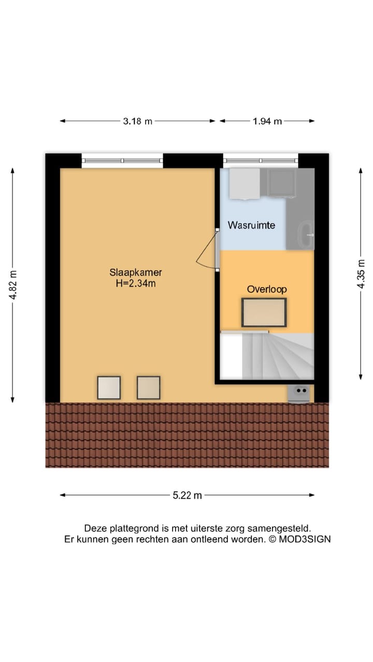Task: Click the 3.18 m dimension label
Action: [x=137, y=121]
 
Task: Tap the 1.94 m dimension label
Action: [x=267, y=121]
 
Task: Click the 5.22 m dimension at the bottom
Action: [x=187, y=495]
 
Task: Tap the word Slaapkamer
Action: [x=136, y=272]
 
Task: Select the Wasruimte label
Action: [x=251, y=225]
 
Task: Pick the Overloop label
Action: [x=267, y=289]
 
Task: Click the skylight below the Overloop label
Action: [x=264, y=312]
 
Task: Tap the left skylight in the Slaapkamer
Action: [x=109, y=387]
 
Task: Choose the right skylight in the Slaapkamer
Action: [x=148, y=387]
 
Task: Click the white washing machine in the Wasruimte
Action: [x=245, y=184]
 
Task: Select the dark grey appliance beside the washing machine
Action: [x=281, y=183]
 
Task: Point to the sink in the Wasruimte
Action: [x=307, y=235]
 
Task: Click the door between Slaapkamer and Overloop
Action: [x=217, y=249]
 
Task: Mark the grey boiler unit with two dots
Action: [x=299, y=394]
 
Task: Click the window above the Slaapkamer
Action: [x=122, y=161]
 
